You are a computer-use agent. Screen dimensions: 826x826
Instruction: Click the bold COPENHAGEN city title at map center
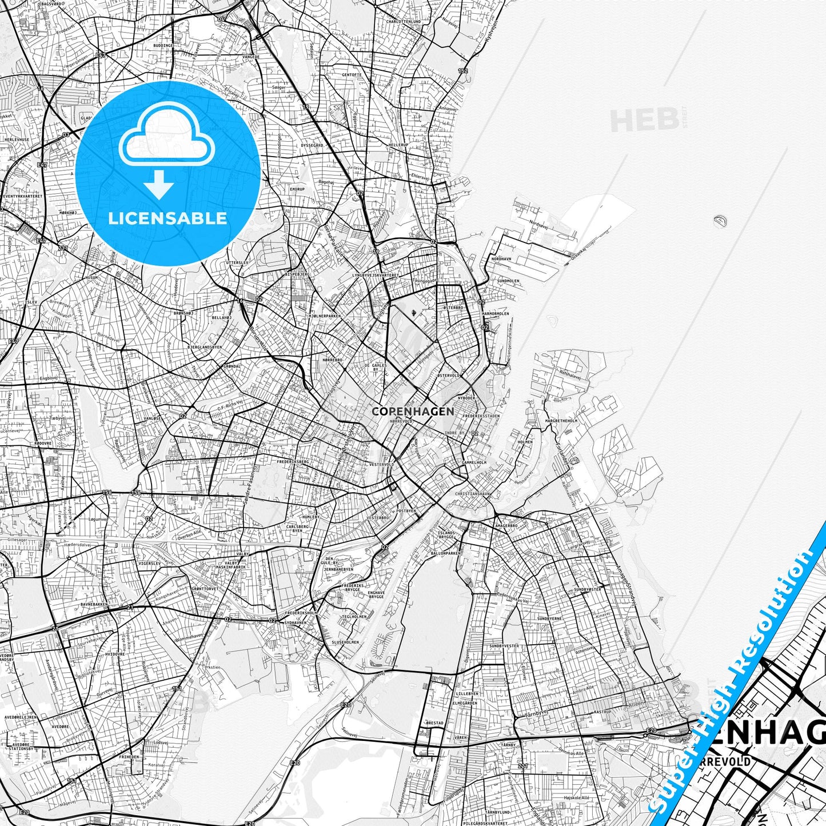coord(413,411)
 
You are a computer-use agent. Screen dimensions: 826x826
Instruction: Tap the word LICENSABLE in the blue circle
coord(167,218)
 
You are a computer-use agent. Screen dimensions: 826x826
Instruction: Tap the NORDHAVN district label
coord(501,259)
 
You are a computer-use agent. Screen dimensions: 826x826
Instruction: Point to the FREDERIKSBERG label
coord(293,461)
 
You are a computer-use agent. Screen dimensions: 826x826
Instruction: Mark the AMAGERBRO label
coord(506,525)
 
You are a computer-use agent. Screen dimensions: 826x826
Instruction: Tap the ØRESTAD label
coord(434,723)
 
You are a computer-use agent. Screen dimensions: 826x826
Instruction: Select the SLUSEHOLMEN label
coord(345,642)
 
